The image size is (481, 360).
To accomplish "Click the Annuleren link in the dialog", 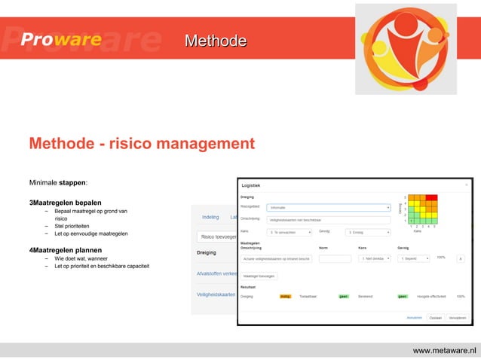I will coord(415,318).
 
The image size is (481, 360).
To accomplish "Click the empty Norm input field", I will coord(335,258).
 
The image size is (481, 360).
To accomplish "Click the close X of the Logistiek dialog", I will coord(466,185).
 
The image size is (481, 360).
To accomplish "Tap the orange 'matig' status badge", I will coord(286,297).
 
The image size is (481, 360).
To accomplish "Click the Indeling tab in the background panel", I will coord(210,217).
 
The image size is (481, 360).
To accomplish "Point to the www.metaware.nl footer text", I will coord(444,351).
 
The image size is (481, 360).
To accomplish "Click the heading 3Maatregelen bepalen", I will coord(65,203).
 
